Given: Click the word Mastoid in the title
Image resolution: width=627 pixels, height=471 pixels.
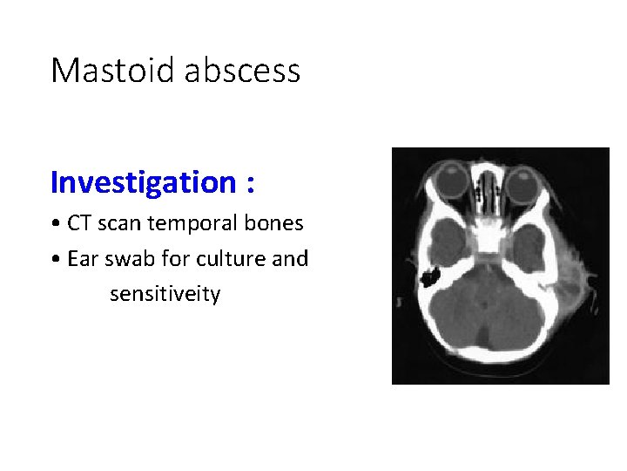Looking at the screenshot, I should pos(113,70).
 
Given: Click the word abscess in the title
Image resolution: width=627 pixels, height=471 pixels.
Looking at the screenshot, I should pos(242,70).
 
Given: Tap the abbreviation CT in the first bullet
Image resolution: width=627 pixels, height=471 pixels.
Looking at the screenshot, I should pos(79,223).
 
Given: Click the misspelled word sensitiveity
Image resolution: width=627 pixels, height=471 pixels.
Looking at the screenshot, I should pos(165,295).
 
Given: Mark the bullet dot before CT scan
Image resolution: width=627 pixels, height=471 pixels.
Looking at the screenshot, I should pos(55,224).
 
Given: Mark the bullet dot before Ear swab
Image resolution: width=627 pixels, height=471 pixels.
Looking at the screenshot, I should pos(55,260).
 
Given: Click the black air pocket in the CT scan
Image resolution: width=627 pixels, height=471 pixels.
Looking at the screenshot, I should pos(428,278).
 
